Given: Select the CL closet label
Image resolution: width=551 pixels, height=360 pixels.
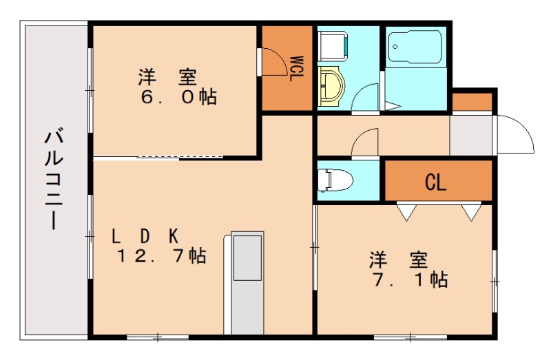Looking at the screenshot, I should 435,182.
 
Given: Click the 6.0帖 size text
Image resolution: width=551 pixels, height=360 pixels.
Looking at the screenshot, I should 178,97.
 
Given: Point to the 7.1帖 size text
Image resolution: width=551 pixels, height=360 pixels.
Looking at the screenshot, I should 411,279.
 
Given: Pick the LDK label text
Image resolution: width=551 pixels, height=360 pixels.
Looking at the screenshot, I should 146,235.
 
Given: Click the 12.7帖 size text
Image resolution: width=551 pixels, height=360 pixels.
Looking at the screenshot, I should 161,257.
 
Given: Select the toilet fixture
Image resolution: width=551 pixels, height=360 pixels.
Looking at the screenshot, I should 335,180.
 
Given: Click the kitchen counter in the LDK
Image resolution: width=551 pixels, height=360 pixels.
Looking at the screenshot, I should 246,282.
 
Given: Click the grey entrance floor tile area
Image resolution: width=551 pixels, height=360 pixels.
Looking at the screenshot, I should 471,136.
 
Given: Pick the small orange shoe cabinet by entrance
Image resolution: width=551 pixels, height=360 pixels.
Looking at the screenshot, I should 472,102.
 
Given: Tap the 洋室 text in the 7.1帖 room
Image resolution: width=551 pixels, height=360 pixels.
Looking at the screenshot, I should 399,260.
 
